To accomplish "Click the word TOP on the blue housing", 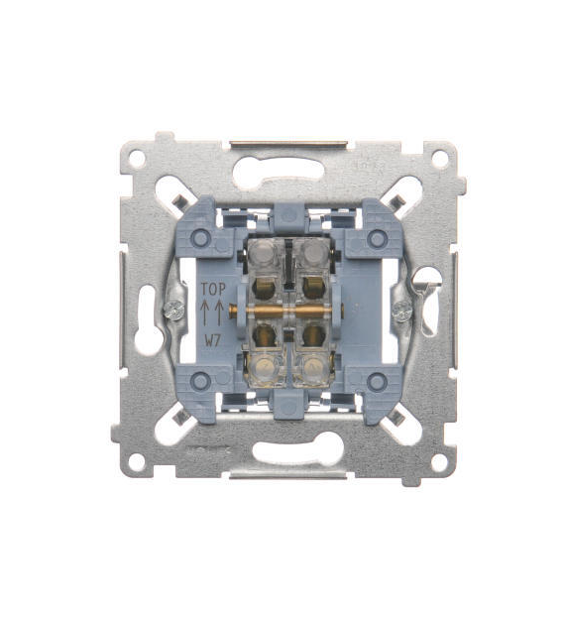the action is pyautogui.click(x=213, y=289).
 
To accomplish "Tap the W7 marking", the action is pyautogui.click(x=213, y=340).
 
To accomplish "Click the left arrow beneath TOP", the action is pyautogui.click(x=204, y=312).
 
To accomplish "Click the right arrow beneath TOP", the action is pyautogui.click(x=219, y=312).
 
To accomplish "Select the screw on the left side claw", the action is pyautogui.click(x=174, y=311).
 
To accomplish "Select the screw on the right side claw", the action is pyautogui.click(x=401, y=311).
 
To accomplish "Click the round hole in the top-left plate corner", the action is pyautogui.click(x=137, y=159).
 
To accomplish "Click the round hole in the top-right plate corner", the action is pyautogui.click(x=439, y=158).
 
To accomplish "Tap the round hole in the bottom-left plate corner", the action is pyautogui.click(x=137, y=461).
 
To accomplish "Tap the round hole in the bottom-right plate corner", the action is pyautogui.click(x=439, y=462).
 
